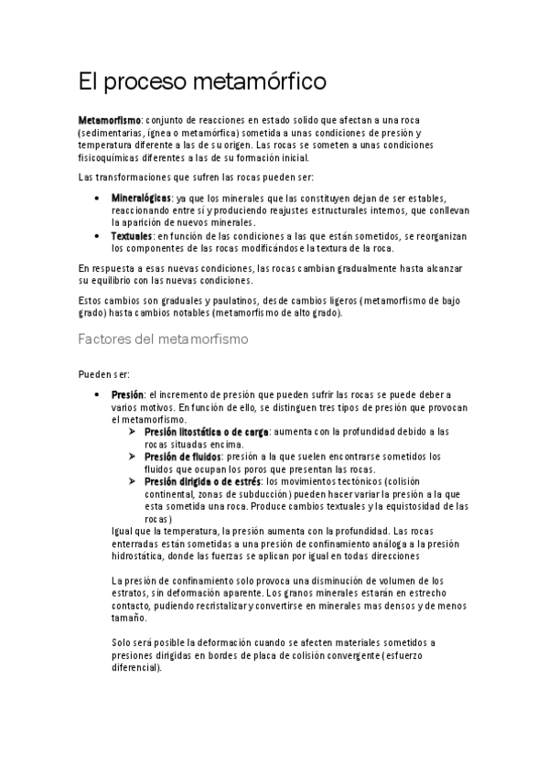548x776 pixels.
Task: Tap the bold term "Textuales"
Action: [132, 235]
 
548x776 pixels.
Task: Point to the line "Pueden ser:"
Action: [104, 375]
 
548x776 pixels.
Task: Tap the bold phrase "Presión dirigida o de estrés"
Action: [200, 480]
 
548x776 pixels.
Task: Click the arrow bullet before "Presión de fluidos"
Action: [133, 456]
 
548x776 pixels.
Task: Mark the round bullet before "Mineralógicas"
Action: [99, 198]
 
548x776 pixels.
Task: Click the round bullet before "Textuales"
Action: [99, 235]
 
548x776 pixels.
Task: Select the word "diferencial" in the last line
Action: [138, 667]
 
